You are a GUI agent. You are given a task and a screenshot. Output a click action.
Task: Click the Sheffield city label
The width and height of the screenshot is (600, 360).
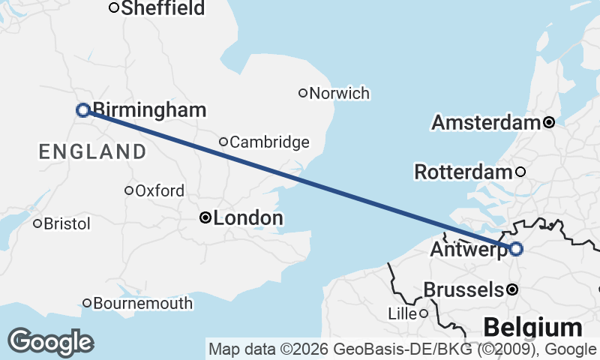(163, 8)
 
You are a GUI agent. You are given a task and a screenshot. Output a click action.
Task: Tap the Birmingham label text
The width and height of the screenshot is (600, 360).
(149, 110)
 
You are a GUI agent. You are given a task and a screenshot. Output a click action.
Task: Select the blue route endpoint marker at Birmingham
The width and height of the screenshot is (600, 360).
(83, 110)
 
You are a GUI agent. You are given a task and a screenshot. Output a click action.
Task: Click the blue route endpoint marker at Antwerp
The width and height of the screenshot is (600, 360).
(516, 249)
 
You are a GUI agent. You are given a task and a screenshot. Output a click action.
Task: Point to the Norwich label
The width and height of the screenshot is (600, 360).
(340, 94)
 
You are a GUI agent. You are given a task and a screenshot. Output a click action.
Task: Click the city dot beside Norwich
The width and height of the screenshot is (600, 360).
(303, 93)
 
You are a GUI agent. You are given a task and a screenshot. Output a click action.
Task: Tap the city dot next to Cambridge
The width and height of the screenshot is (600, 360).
(223, 142)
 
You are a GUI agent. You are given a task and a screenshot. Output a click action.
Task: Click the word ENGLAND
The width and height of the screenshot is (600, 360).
(93, 152)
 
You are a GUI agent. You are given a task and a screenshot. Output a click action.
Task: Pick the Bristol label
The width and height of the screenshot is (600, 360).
(67, 223)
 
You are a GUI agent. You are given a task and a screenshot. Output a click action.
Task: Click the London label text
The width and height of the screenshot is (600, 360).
(248, 218)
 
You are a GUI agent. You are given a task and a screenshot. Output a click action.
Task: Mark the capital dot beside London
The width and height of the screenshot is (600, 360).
(205, 218)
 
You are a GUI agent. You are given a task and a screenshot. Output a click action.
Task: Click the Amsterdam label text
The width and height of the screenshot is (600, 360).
(487, 122)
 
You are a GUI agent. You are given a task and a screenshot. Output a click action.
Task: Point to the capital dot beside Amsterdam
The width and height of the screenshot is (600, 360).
(549, 122)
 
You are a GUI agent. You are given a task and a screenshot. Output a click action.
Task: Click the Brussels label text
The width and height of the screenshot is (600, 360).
(463, 289)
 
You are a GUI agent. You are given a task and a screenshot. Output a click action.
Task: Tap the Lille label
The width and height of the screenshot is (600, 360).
(402, 313)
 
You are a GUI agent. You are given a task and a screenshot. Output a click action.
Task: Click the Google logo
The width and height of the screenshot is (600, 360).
(50, 342)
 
